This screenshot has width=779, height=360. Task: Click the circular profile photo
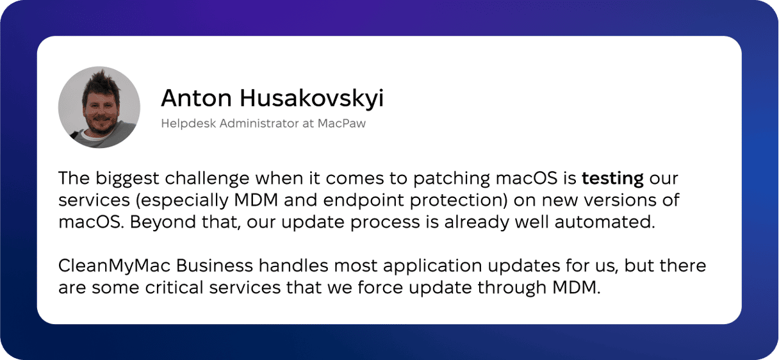click(x=99, y=107)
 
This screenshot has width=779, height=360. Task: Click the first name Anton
click(x=197, y=98)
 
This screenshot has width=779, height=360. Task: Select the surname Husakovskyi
click(x=311, y=99)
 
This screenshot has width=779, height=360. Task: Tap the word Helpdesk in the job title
click(x=188, y=124)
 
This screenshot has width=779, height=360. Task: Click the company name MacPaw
click(x=341, y=124)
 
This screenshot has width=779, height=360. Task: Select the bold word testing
click(x=613, y=179)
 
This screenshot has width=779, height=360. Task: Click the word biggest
click(x=127, y=179)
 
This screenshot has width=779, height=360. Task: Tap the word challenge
click(x=207, y=179)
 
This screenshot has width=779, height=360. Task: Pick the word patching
click(x=451, y=179)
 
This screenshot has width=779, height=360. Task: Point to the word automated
click(x=605, y=222)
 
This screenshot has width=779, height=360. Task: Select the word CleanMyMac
click(x=115, y=266)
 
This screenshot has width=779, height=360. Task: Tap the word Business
click(x=214, y=266)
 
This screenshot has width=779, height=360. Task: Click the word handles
click(x=293, y=266)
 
